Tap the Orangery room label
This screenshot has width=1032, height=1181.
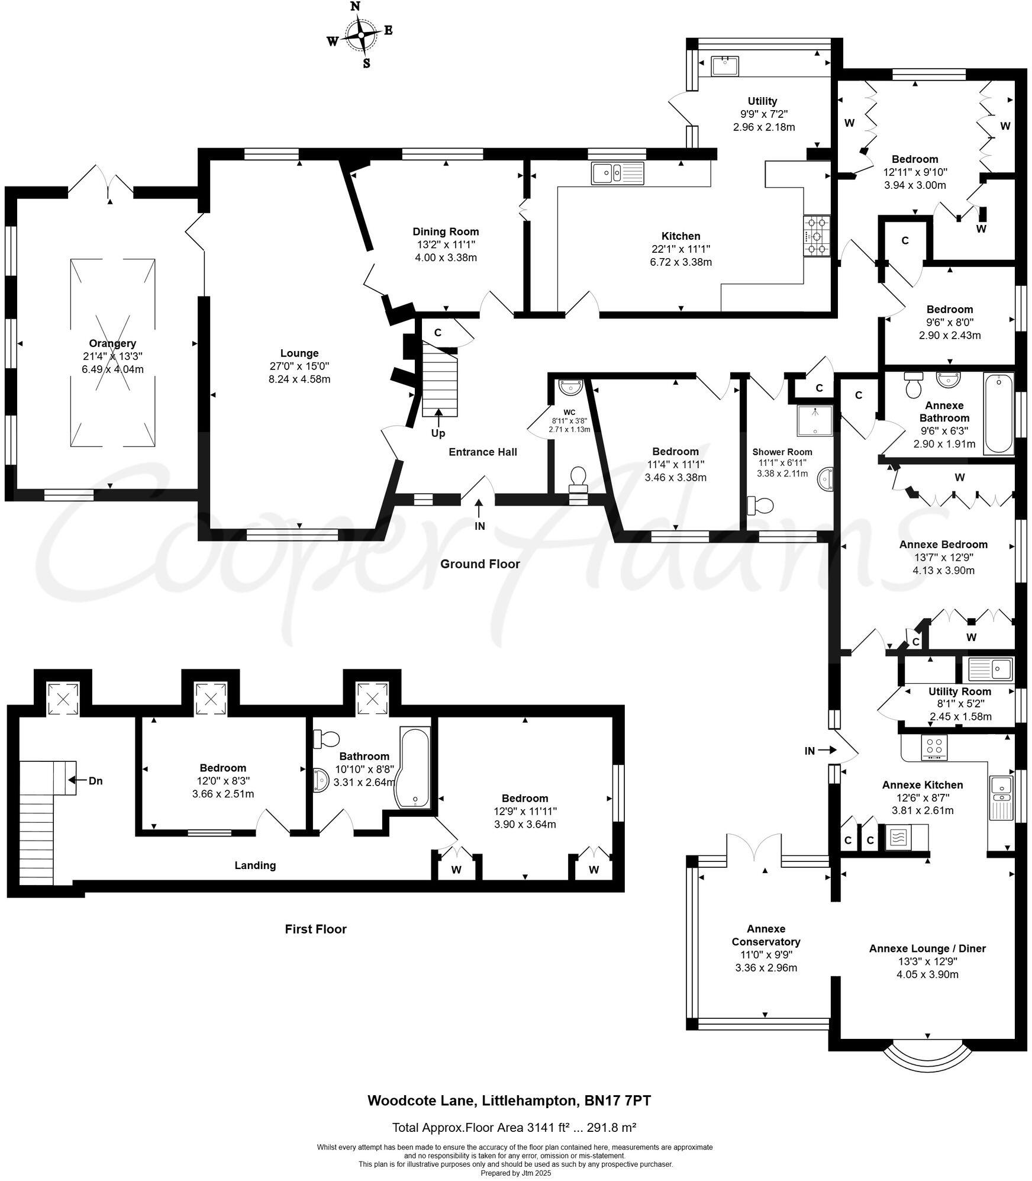click(112, 343)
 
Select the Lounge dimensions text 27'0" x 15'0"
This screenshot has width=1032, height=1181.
click(299, 366)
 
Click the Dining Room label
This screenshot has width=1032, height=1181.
click(446, 231)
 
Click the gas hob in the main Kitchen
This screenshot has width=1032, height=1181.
click(817, 236)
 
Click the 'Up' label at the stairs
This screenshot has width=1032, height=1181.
click(438, 433)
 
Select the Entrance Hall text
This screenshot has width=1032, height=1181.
click(483, 452)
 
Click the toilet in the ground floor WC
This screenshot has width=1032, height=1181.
click(577, 477)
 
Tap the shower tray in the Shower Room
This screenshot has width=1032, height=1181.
click(815, 421)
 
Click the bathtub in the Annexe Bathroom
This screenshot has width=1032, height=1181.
click(998, 413)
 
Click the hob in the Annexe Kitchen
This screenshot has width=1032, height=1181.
click(934, 748)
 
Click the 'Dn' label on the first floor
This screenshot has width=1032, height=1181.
click(95, 781)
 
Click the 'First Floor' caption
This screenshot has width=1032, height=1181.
click(315, 929)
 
